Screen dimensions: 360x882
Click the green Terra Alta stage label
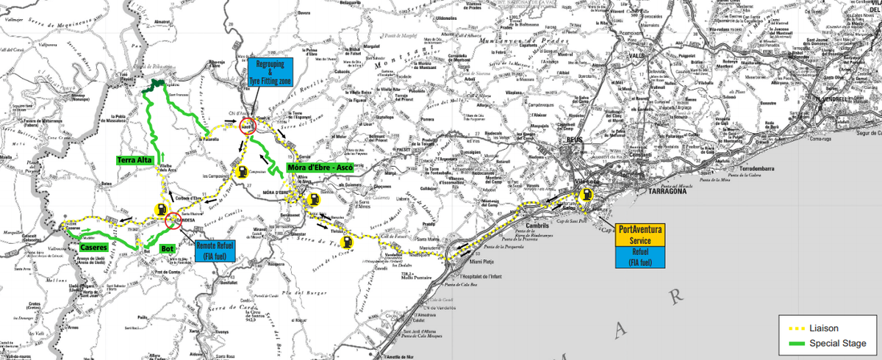[x=135, y=159]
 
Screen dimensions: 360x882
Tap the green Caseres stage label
[x=94, y=248]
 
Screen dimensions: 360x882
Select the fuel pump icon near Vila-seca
[x=587, y=195]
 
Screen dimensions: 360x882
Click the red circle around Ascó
[x=248, y=126]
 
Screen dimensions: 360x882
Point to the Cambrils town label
[x=538, y=226]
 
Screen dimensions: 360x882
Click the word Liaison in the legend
[x=825, y=328]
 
